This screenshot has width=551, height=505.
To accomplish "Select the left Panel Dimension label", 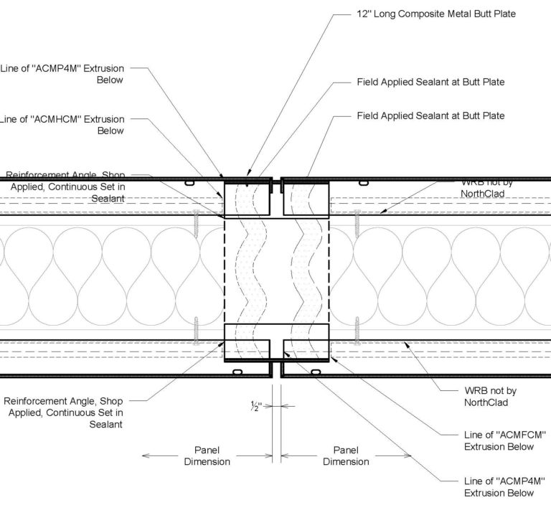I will pyautogui.click(x=207, y=456).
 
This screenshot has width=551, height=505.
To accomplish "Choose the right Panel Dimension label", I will pyautogui.click(x=346, y=456).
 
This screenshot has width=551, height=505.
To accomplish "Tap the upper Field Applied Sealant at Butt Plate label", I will pyautogui.click(x=430, y=82).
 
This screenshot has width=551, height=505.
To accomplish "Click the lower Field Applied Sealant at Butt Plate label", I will pyautogui.click(x=430, y=115).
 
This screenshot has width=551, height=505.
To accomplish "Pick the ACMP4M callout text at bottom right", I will pyautogui.click(x=499, y=486).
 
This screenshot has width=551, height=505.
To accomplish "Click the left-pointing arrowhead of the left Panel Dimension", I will pyautogui.click(x=145, y=456).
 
